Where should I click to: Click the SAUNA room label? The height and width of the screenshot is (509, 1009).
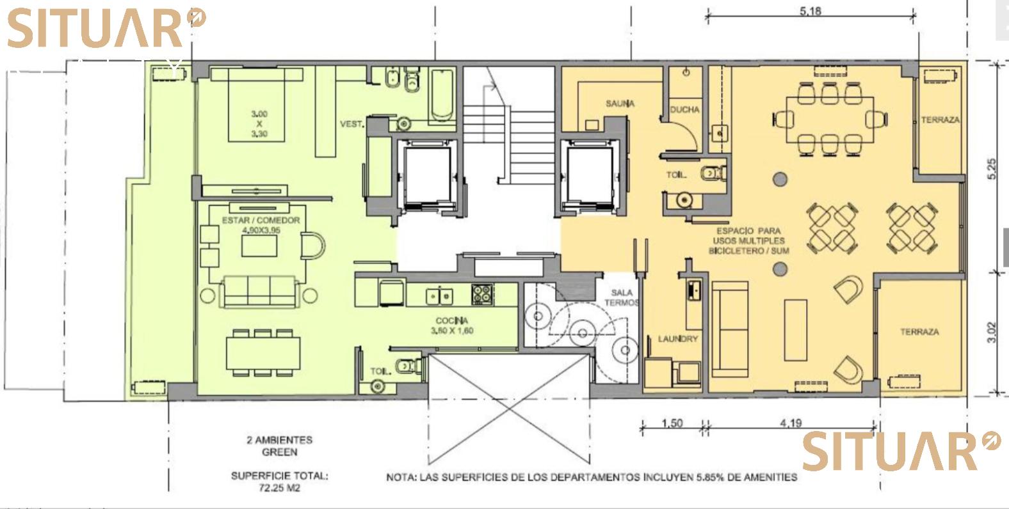(620, 104)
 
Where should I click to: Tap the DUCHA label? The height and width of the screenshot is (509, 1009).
(684, 109)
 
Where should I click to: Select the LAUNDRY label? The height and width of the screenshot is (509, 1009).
(678, 339)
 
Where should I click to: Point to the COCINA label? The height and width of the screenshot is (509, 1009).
(452, 320)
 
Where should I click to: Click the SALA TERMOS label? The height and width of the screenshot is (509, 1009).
(622, 297)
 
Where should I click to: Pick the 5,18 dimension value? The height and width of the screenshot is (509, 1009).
(811, 11)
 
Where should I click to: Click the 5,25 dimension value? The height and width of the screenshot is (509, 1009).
(992, 169)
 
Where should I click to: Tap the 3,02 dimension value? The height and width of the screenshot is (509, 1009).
(992, 332)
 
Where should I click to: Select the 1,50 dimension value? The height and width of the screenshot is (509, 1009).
(672, 423)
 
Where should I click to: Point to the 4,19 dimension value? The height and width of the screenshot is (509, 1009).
(791, 423)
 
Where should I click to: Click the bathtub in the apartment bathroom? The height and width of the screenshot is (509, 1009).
(442, 95)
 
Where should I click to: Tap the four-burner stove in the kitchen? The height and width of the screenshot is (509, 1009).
(482, 295)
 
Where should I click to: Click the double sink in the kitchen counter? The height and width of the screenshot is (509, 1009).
(439, 296)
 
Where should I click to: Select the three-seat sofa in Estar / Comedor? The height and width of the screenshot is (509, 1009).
(259, 292)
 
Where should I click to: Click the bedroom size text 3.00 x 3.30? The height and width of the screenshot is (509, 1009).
(259, 124)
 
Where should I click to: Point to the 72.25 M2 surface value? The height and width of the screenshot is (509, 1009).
(279, 488)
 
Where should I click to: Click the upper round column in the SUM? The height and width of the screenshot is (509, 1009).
(780, 180)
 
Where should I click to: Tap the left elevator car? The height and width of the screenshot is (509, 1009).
(427, 175)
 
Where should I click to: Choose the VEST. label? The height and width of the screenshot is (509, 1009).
(351, 124)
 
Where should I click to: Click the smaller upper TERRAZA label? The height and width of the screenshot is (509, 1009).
(940, 120)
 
